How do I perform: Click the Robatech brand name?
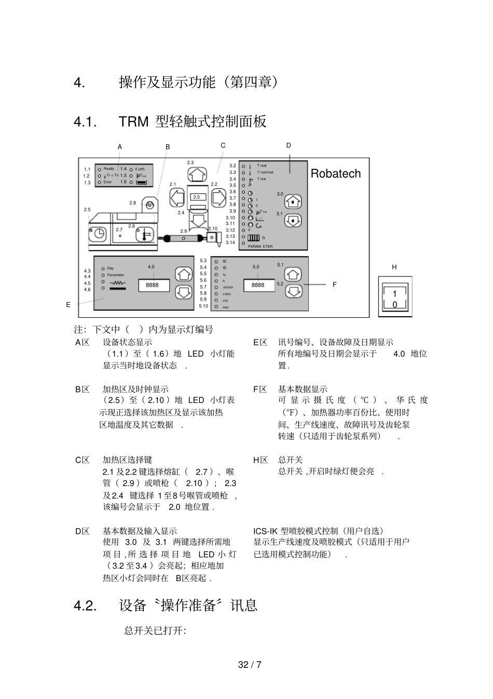point(335,173)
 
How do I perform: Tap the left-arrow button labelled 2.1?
point(177,197)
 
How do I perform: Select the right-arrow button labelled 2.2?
point(218,197)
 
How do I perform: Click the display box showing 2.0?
point(197,197)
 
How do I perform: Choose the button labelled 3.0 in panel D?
point(294,201)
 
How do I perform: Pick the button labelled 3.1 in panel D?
point(294,220)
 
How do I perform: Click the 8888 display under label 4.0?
point(153,285)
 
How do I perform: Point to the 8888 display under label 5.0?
point(258,285)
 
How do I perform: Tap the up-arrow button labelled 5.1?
point(294,275)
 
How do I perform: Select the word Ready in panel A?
point(108,169)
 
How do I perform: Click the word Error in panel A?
point(107,182)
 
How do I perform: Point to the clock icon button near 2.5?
point(99,234)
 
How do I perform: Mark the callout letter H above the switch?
point(394,267)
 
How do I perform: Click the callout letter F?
point(335,285)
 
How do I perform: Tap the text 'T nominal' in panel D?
point(265,172)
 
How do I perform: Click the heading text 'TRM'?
point(134,122)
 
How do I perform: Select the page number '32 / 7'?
point(250,665)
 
